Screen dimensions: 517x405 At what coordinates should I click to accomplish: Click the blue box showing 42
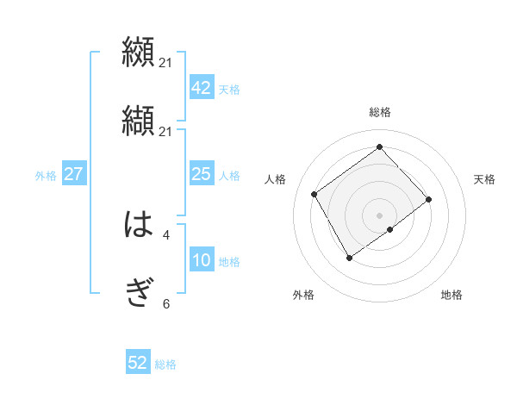(x=201, y=88)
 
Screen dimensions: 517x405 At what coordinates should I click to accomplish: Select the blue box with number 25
(x=201, y=175)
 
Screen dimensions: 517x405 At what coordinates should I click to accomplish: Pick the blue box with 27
(x=73, y=175)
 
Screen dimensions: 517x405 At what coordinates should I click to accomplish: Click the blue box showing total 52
(x=138, y=363)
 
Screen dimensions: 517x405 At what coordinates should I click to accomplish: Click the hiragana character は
(x=139, y=226)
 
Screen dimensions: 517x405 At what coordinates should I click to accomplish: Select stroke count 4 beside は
(x=166, y=234)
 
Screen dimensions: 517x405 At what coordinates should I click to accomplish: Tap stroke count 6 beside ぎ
(x=166, y=303)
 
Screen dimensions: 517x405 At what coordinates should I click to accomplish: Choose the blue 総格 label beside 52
(x=165, y=364)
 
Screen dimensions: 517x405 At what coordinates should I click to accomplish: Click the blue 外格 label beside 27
(x=46, y=176)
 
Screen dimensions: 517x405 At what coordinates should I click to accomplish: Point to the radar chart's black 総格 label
(x=379, y=112)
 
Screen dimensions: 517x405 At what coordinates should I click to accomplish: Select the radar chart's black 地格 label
(x=452, y=295)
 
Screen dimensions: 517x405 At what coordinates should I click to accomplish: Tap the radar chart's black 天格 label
(x=484, y=179)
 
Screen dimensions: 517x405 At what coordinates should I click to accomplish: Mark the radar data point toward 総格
(x=379, y=146)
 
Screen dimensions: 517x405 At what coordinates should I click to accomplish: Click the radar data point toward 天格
(x=429, y=199)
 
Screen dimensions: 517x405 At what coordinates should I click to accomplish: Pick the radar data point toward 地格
(x=390, y=229)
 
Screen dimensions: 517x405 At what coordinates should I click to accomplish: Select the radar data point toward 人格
(x=315, y=194)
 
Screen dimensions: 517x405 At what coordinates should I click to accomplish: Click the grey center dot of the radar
(x=379, y=214)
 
